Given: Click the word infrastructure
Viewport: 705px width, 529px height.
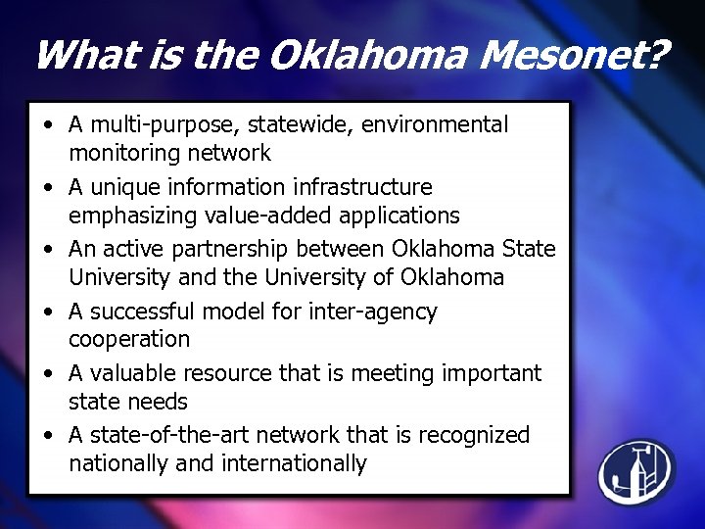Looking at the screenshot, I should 362,187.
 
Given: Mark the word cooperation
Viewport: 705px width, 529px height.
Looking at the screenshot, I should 129,339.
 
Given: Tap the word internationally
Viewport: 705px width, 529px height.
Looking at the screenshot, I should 297,462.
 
